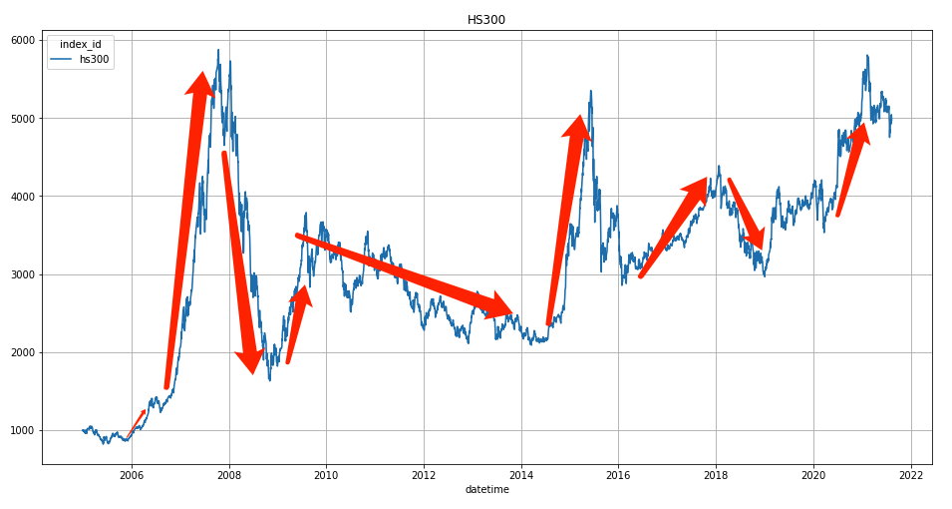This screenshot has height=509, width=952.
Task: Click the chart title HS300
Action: pos(486,20)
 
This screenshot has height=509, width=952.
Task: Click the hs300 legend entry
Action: pos(95,59)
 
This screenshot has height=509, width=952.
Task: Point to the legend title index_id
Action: pos(80,44)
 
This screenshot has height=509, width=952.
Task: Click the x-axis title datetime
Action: pos(486,489)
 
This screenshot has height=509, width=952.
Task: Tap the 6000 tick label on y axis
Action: pos(23,40)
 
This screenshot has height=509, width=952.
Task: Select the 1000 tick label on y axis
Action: pos(23,430)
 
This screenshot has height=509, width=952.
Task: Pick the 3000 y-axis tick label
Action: pos(23,274)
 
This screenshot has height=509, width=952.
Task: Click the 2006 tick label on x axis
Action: pos(132,475)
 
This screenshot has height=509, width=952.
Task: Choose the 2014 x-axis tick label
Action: pos(521,475)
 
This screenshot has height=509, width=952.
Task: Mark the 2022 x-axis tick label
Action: pos(911,475)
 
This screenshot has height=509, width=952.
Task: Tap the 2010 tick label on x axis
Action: pos(326,475)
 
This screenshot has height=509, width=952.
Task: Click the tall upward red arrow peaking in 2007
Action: pos(185,230)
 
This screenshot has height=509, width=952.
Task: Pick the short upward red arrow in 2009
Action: pos(296,324)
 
